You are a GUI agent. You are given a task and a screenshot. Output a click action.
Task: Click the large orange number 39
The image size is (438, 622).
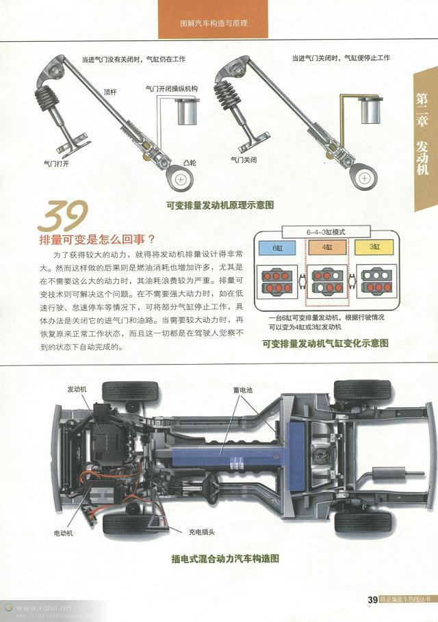tap(62, 218)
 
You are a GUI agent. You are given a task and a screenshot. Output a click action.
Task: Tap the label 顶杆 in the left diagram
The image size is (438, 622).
tap(110, 92)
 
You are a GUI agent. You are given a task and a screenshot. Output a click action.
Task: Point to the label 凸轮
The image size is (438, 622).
tap(190, 163)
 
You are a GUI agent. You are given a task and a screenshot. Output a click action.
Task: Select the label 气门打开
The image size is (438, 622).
tap(57, 164)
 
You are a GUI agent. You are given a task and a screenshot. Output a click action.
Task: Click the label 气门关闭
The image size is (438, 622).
tap(244, 159)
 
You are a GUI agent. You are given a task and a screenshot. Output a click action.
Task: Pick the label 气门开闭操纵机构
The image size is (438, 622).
tap(172, 89)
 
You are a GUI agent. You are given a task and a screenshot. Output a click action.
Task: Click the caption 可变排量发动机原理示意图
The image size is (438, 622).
tap(220, 204)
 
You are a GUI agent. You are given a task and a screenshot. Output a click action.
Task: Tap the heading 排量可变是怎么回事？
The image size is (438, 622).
tap(97, 239)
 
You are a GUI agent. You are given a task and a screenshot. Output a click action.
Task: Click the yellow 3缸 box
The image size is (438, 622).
tap(375, 247)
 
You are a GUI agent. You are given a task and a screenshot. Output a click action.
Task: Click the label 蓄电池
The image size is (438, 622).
tap(242, 389)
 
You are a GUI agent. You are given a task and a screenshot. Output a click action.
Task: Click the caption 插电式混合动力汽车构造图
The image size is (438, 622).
tap(225, 559)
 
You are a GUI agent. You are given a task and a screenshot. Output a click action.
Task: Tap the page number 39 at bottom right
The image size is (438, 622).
tap(373, 600)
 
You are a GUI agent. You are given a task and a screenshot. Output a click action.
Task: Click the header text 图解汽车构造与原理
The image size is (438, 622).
tap(213, 23)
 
